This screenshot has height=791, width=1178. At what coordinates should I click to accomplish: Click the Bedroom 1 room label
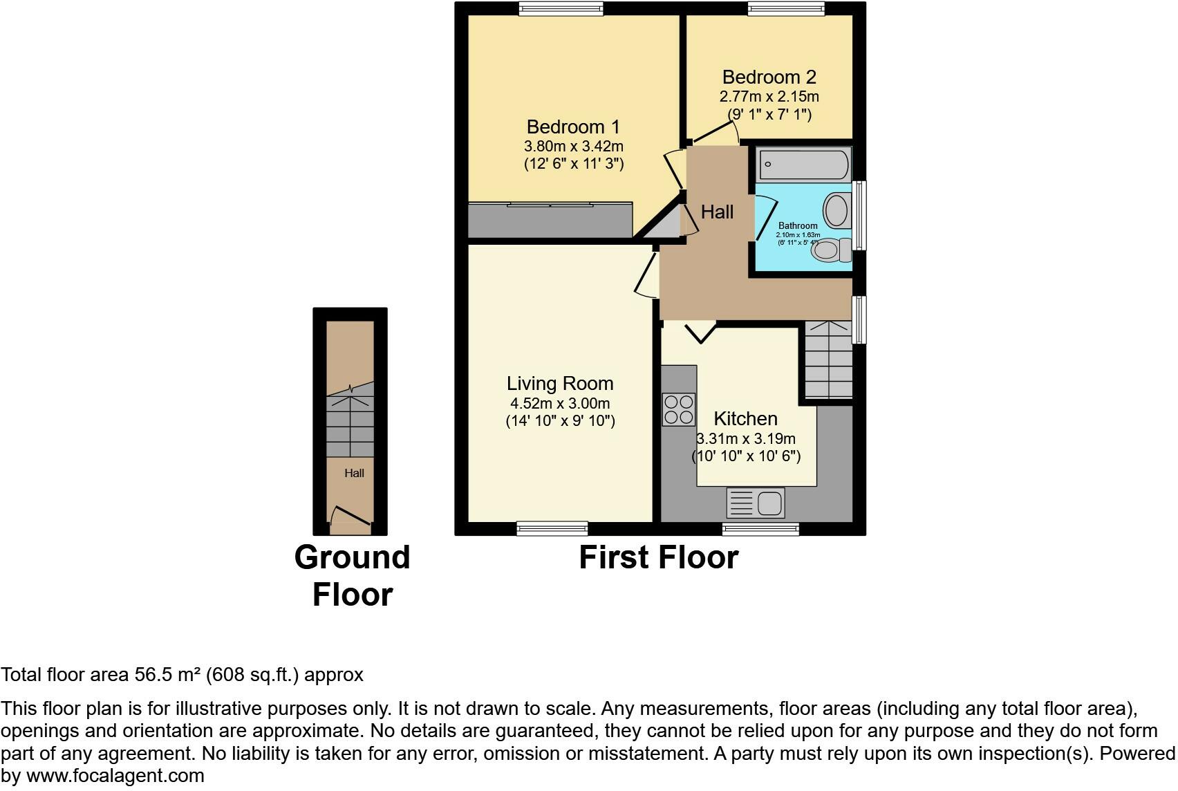[x=573, y=127]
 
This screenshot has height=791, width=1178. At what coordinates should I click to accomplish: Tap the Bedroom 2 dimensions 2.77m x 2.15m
[x=769, y=97]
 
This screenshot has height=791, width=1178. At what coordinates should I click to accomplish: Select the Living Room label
[x=560, y=384]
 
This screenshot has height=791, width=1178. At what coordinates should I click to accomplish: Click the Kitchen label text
[x=745, y=419]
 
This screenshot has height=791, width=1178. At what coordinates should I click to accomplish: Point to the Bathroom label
[x=798, y=226]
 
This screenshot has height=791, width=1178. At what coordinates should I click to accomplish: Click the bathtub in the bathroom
[x=804, y=165]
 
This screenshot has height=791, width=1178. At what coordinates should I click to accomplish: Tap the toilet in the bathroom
[x=830, y=250]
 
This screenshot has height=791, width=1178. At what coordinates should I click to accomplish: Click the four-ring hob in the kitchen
[x=678, y=409]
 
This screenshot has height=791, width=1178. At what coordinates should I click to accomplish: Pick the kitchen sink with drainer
[x=756, y=503]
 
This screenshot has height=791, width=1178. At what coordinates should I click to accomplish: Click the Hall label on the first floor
[x=717, y=212]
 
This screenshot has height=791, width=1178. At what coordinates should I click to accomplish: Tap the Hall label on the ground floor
[x=354, y=474]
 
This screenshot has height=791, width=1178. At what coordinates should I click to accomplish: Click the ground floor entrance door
[x=351, y=517]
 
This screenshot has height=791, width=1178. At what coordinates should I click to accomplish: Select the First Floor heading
[x=658, y=557]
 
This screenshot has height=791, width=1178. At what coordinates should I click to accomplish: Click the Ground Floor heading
[x=352, y=576]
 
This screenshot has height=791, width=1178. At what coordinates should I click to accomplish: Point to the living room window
[x=552, y=529]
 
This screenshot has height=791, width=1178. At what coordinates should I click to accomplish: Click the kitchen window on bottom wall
[x=760, y=529]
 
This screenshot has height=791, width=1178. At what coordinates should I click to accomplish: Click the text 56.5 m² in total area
[x=165, y=675]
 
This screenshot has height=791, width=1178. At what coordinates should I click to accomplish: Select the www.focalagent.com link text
[x=115, y=776]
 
